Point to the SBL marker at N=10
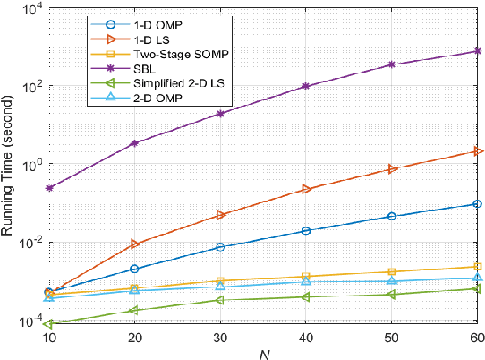coord(48,188)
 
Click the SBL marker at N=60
coord(477,51)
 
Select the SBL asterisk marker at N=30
coord(220,114)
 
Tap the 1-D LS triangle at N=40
coord(306,189)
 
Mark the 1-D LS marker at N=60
coord(477,151)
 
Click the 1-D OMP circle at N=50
coord(391,216)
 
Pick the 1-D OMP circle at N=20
coord(134,269)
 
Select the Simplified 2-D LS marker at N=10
coord(48,324)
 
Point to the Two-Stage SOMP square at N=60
coord(477,267)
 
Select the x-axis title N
coord(263,353)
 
